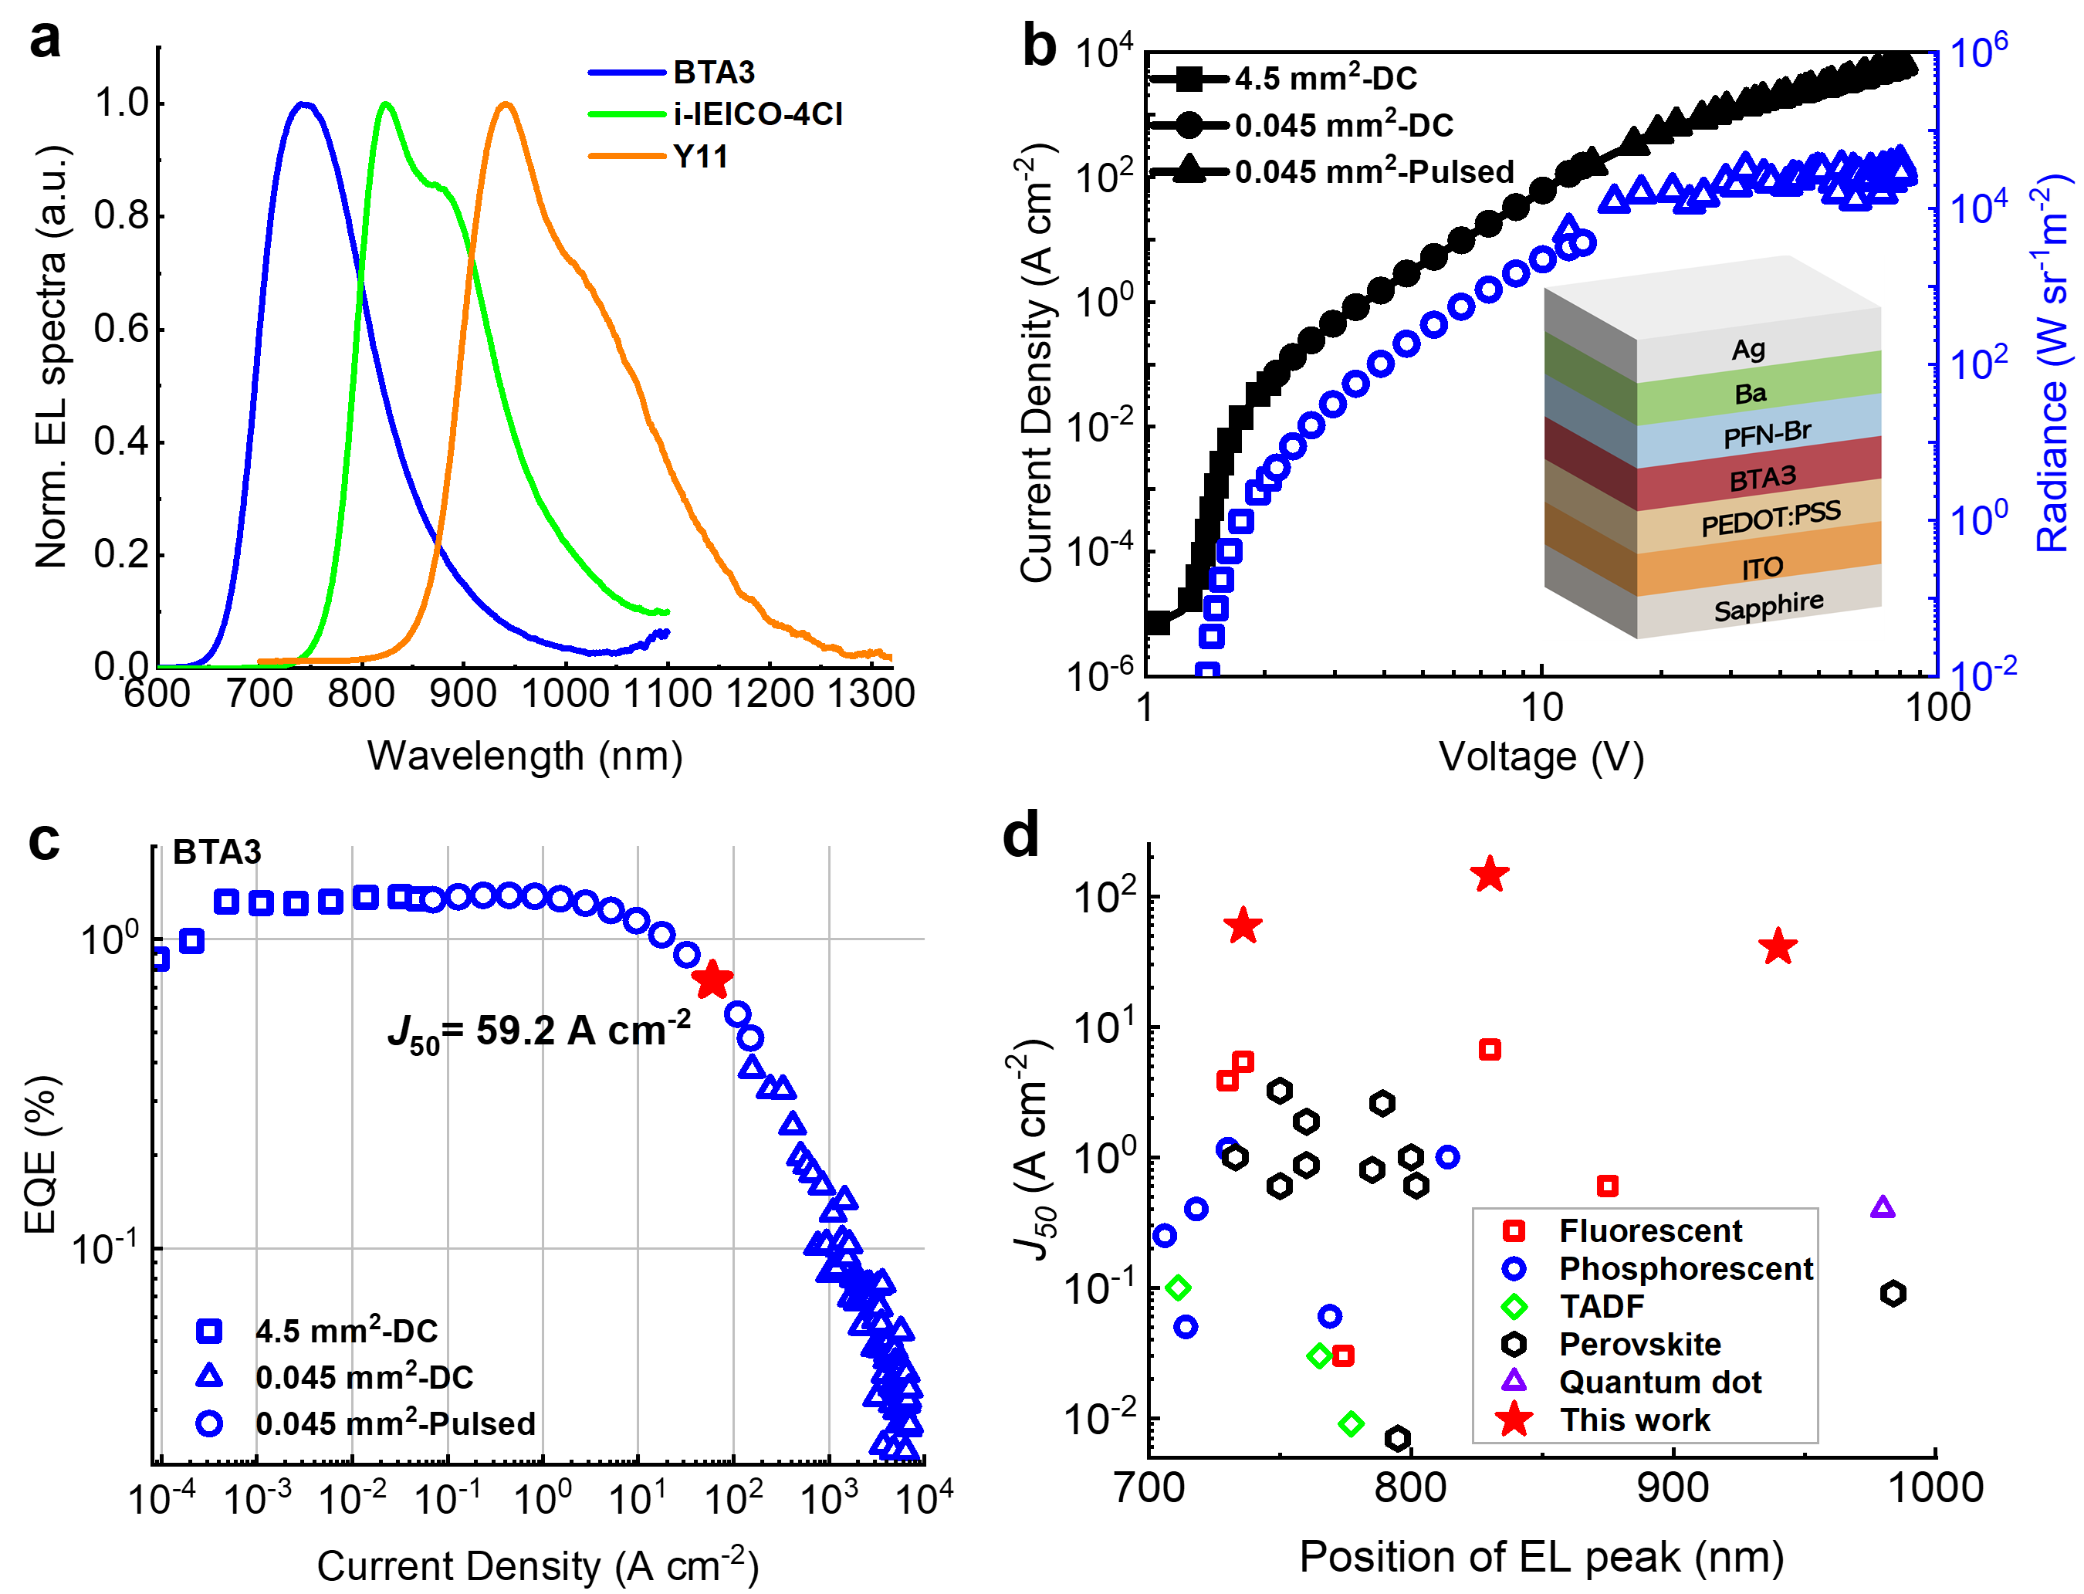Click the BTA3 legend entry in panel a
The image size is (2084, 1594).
tap(713, 72)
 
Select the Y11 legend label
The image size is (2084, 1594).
tap(700, 156)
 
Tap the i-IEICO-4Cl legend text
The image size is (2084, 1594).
tap(757, 114)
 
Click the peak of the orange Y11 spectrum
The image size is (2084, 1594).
tap(506, 104)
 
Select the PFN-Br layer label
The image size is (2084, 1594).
tap(1766, 435)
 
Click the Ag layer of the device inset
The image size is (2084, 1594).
tap(1747, 349)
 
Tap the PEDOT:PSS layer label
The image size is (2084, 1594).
tap(1770, 518)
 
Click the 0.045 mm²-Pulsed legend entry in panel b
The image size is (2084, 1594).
tap(1374, 171)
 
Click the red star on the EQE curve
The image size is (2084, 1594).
tap(712, 980)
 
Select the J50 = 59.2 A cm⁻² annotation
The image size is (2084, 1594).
tap(539, 1031)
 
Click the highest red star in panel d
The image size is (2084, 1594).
tap(1489, 875)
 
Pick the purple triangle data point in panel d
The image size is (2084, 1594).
tap(1882, 1208)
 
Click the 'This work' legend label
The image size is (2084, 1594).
tap(1634, 1420)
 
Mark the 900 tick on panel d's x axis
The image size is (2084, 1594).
tap(1673, 1487)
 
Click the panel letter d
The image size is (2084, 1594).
tap(1020, 837)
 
